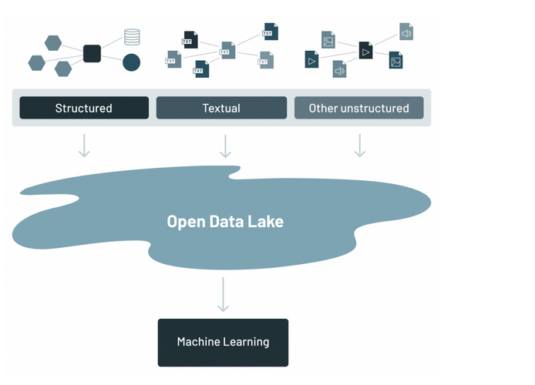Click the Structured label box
coord(84,108)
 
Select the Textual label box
coord(221,108)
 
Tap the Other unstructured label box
coord(358,108)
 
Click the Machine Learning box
coord(223,342)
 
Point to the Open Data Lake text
coord(225,222)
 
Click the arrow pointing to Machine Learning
coord(223,294)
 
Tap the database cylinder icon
coord(132,37)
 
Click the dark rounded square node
coord(92,54)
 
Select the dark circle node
coord(131,62)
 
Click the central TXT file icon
coord(227,51)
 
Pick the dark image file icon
coord(395,60)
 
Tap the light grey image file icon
coord(328,39)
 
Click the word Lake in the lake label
coord(267,222)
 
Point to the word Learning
coord(244,342)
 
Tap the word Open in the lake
coord(184,222)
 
